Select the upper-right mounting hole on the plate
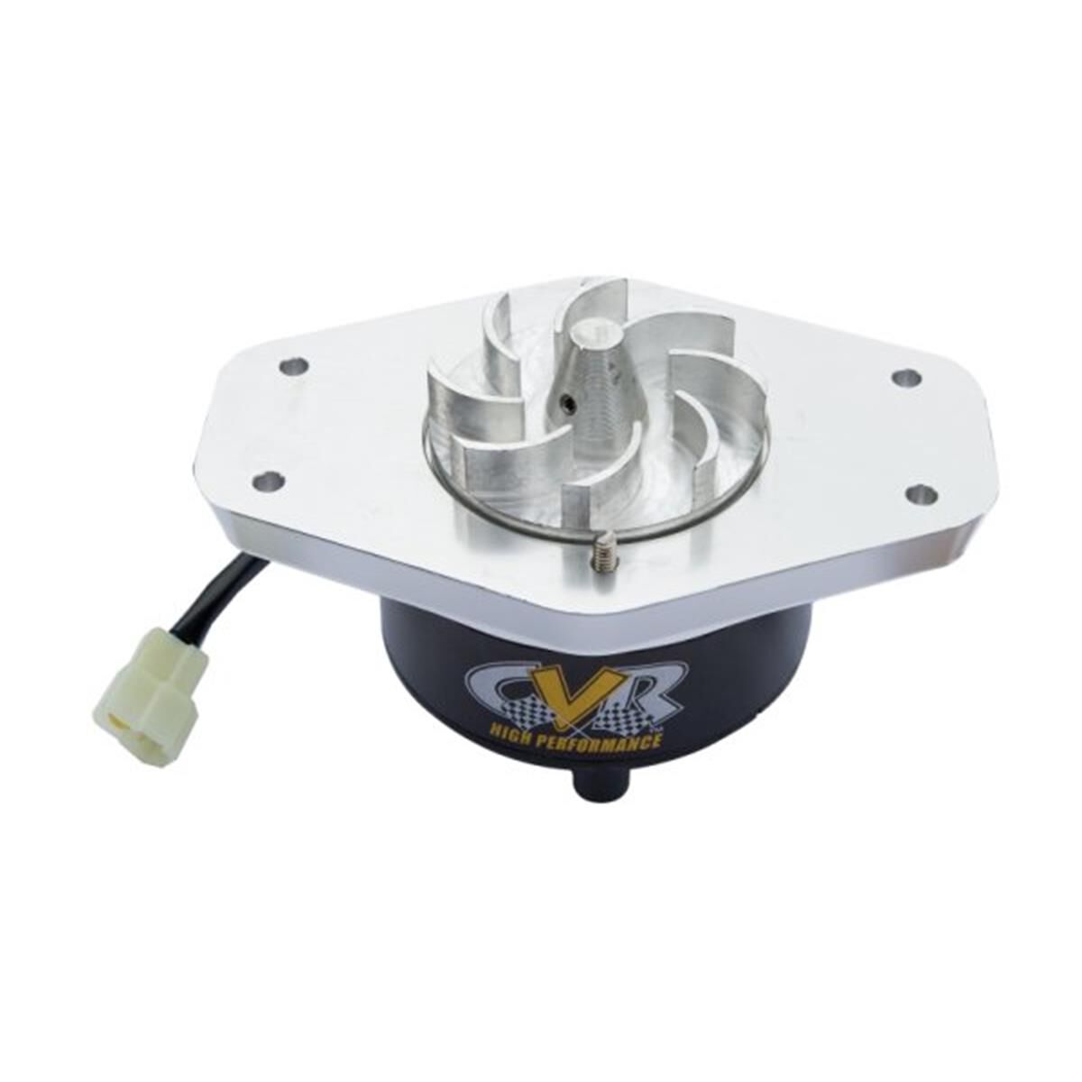click(x=905, y=378)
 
